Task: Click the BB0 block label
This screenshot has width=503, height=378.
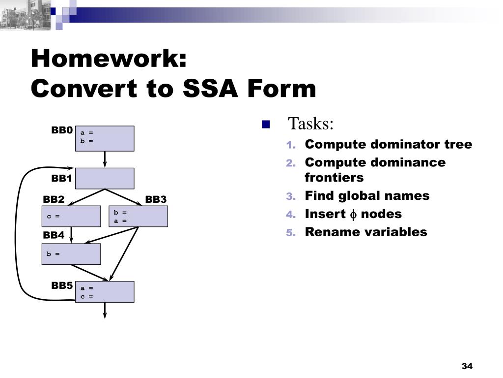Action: [x=62, y=130]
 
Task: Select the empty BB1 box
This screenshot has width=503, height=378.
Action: [x=104, y=178]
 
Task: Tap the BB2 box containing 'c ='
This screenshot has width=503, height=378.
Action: [x=71, y=216]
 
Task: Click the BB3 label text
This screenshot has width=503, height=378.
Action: [x=156, y=199]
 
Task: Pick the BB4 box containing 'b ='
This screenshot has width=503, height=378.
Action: [x=71, y=254]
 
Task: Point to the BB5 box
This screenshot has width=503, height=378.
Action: [x=104, y=291]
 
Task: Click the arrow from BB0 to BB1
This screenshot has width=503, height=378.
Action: [x=105, y=159]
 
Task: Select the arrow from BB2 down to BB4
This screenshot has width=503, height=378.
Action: [x=72, y=235]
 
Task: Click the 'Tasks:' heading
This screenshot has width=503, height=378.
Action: [x=310, y=124]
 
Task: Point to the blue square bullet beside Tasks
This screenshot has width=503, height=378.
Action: [x=266, y=124]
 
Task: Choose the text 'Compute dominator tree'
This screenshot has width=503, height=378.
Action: [x=388, y=145]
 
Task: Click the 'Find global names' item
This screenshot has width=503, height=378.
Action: [x=367, y=196]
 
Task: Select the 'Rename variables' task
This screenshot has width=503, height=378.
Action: [x=366, y=232]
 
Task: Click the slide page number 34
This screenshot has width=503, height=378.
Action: [x=467, y=366]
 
